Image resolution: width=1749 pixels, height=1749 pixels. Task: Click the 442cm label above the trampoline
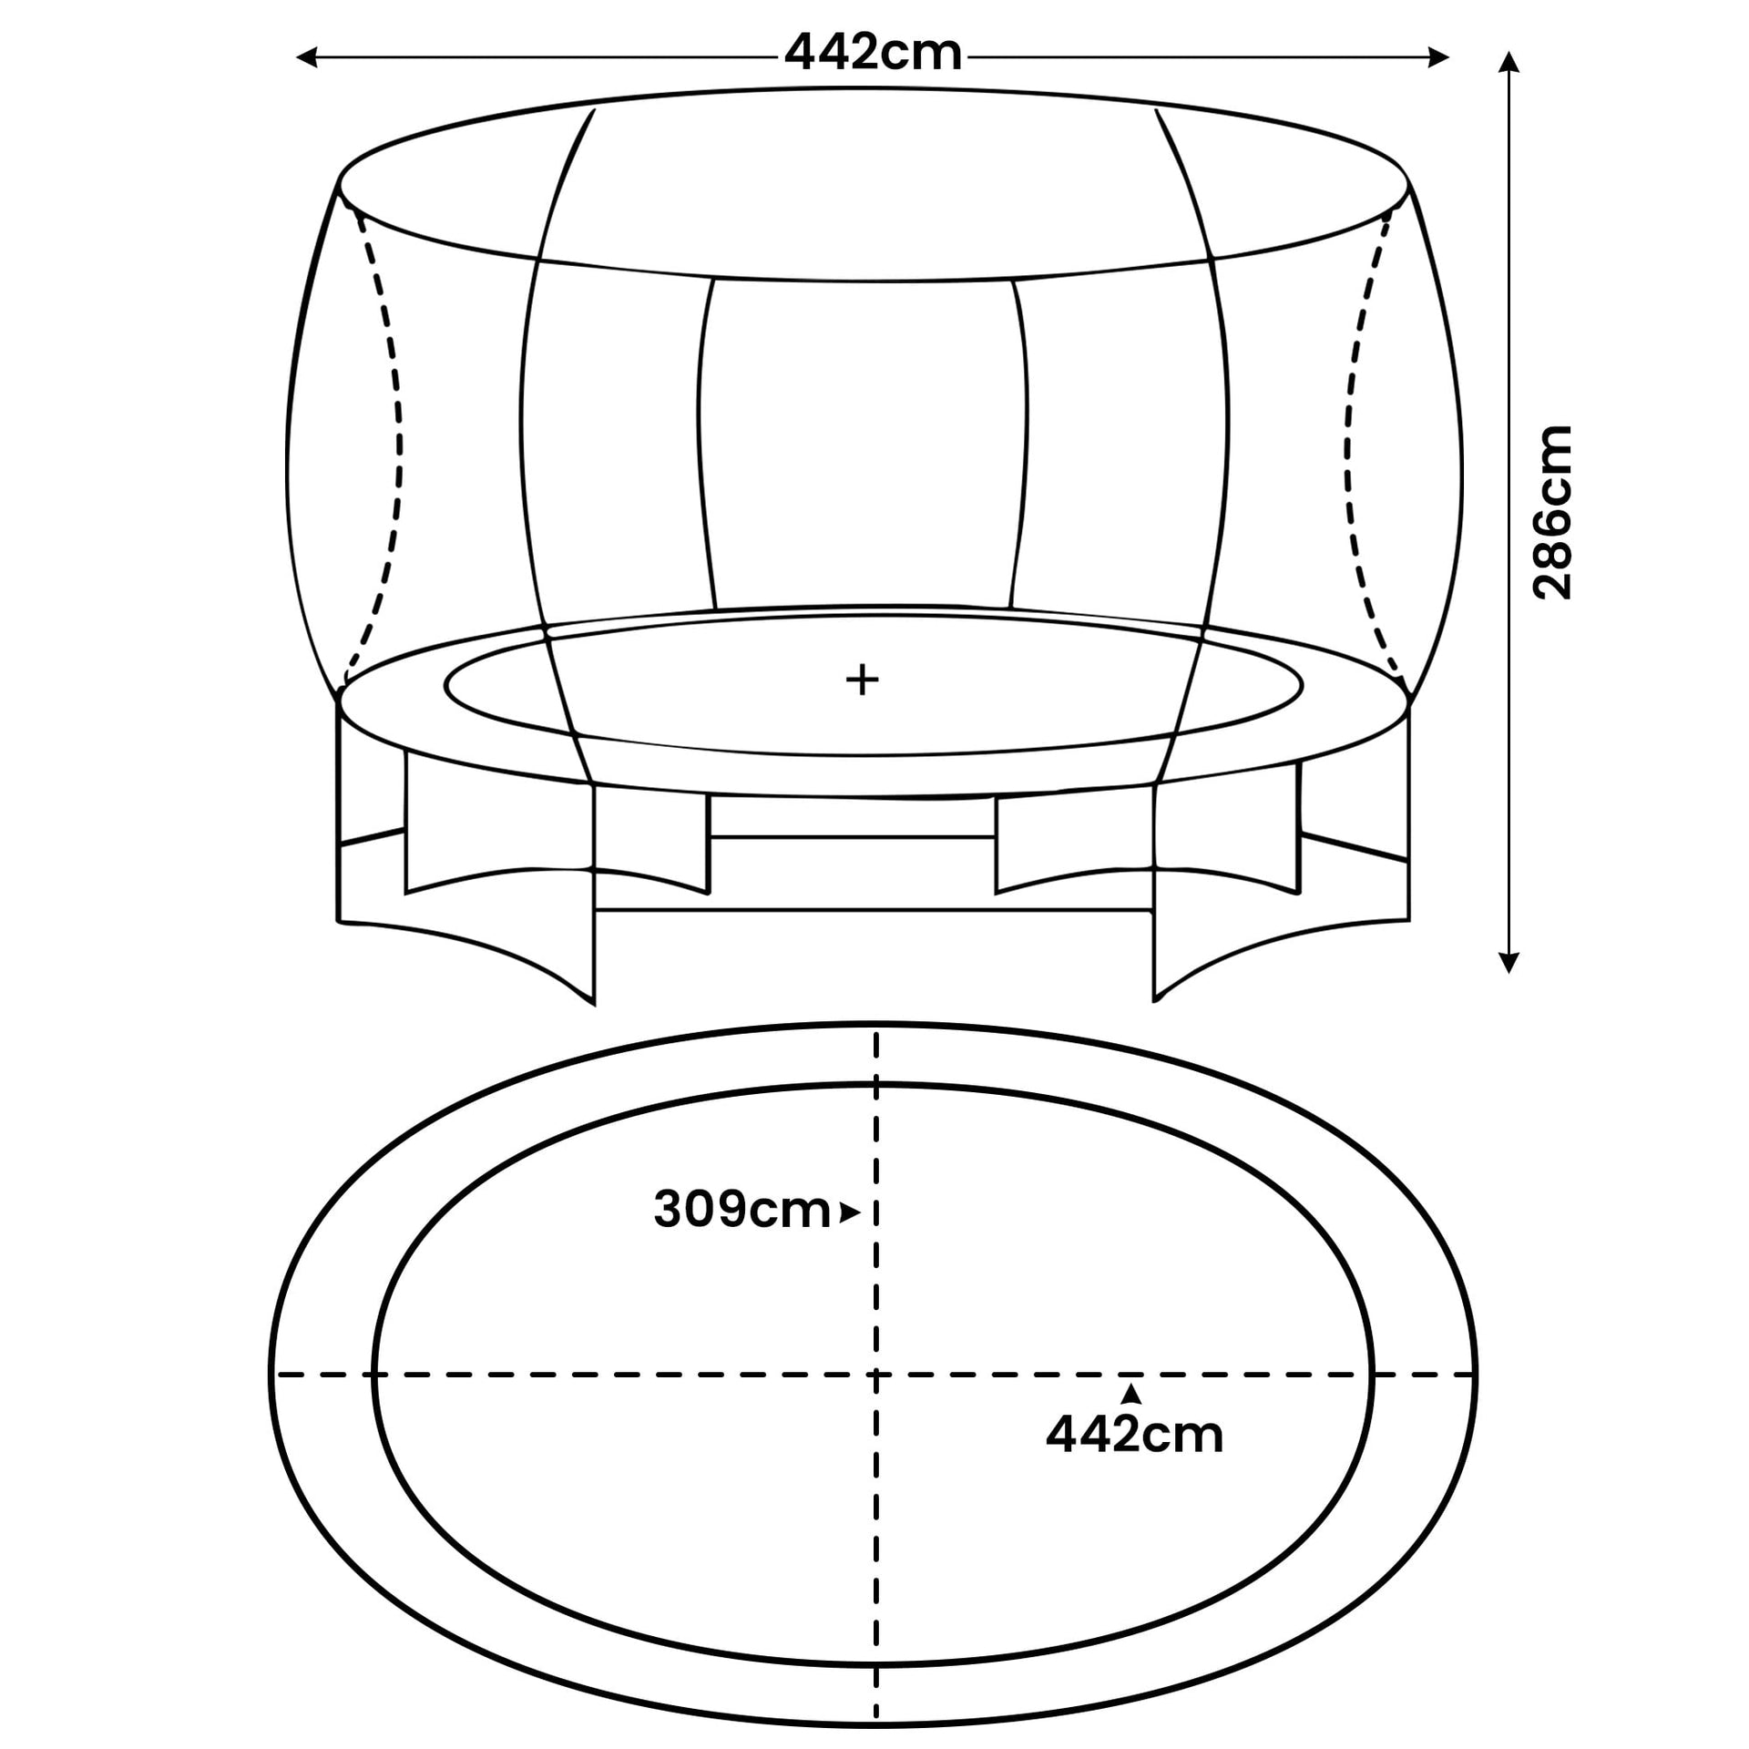(873, 54)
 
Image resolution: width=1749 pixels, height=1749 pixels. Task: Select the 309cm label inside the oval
(742, 1211)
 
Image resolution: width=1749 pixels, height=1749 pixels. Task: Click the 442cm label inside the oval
(1134, 1435)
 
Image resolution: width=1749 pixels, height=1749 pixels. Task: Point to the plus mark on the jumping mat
(862, 680)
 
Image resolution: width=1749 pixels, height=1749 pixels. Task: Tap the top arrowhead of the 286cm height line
(1509, 62)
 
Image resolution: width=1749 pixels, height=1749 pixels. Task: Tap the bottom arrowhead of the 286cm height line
(1509, 963)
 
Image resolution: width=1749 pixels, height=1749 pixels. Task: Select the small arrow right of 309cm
(850, 1212)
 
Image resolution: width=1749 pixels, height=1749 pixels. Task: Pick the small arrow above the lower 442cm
(1130, 1393)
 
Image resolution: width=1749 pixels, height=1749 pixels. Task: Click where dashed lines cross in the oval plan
(876, 1374)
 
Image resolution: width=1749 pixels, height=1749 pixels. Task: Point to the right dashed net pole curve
(1355, 446)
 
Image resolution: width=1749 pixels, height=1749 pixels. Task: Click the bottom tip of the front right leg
(1155, 1000)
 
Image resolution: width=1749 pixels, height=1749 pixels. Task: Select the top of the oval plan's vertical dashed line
(876, 1037)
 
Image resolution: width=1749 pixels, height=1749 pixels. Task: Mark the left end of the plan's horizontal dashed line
(277, 1374)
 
